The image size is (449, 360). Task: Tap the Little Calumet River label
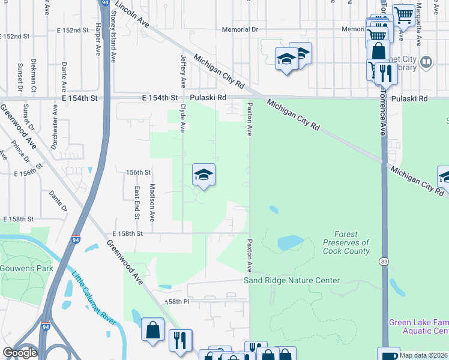(93, 299)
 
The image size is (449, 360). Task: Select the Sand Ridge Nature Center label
(292, 280)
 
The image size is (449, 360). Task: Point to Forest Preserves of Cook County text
(348, 243)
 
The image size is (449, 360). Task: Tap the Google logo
(20, 353)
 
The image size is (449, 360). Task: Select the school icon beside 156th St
(203, 175)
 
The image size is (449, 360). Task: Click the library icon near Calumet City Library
(426, 62)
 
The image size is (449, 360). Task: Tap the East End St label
(137, 202)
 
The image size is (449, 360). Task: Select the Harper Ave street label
(97, 37)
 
